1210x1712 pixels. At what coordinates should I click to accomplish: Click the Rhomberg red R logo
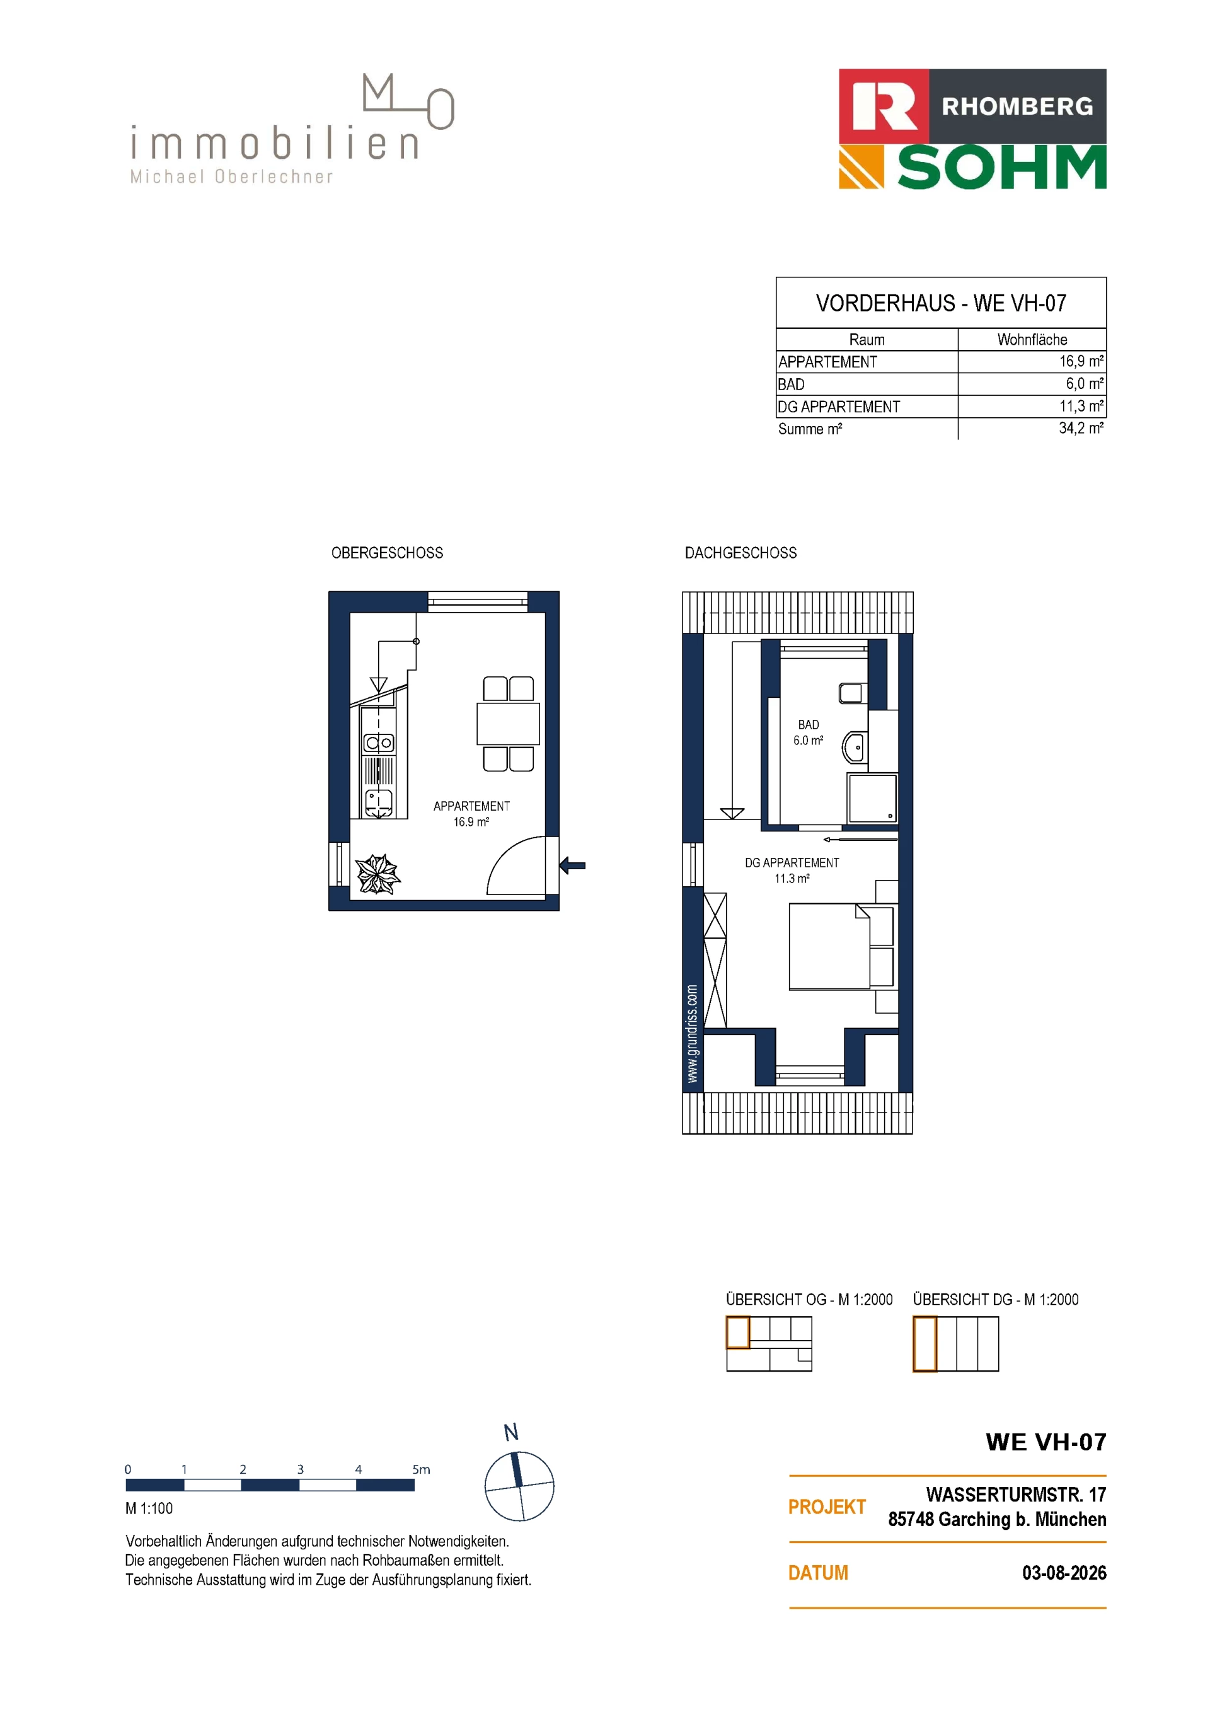click(884, 106)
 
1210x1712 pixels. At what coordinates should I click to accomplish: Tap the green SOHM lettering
click(1002, 168)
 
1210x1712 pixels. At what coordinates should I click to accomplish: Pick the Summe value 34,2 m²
click(1081, 429)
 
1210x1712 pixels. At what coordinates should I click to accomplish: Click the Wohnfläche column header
click(1032, 340)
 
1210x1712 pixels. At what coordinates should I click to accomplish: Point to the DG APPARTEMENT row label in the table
click(839, 407)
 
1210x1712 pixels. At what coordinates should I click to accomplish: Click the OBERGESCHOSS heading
click(387, 553)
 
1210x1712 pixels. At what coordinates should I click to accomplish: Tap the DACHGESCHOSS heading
click(740, 553)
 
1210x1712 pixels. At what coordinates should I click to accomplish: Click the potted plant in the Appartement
click(378, 874)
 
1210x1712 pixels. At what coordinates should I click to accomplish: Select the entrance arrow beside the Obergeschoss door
click(573, 865)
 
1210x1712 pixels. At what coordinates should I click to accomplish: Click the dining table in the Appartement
click(509, 723)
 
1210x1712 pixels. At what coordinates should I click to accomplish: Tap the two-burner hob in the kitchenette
click(379, 743)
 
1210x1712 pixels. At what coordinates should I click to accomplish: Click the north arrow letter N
click(510, 1432)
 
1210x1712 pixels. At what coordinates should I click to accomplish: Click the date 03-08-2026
click(1064, 1573)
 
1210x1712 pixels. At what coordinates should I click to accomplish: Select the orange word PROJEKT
click(827, 1507)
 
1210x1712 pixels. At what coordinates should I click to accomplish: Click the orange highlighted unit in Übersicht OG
click(738, 1333)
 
